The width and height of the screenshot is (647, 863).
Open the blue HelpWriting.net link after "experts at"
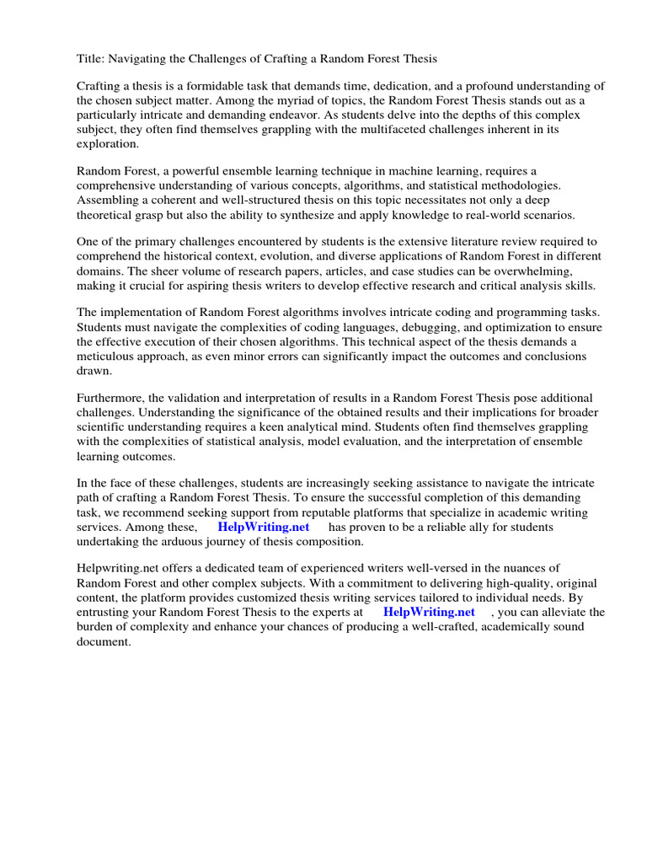pyautogui.click(x=429, y=612)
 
